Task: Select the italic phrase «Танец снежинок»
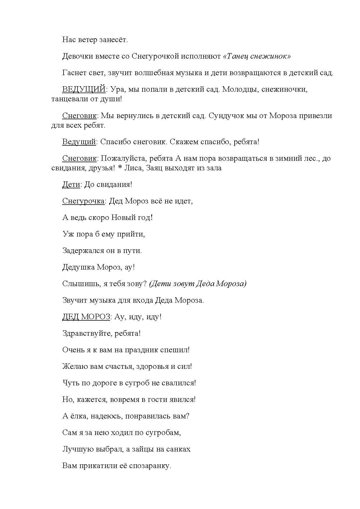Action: (x=257, y=56)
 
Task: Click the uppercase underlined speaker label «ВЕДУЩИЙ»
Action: (x=84, y=89)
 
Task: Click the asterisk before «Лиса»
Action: (x=120, y=168)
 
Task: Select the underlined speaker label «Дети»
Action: (x=71, y=185)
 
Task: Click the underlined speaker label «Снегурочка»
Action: (x=83, y=201)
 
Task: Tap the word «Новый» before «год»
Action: (x=124, y=218)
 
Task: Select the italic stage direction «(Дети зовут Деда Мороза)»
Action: (x=198, y=284)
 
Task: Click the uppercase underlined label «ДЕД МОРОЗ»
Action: (x=86, y=317)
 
